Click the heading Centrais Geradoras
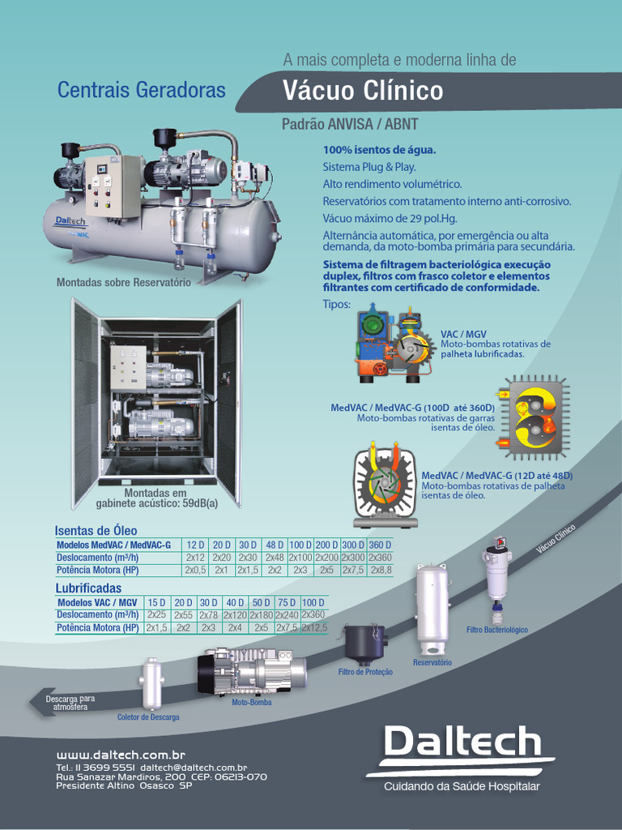click(x=141, y=90)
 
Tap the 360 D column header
click(x=380, y=545)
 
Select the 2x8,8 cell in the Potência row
click(x=381, y=571)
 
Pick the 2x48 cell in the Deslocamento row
click(x=275, y=558)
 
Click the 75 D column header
click(x=286, y=602)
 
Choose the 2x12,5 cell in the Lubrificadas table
click(x=314, y=627)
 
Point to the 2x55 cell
click(x=183, y=615)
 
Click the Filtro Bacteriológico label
click(x=496, y=630)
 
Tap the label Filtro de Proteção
click(x=365, y=672)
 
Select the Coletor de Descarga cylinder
click(x=151, y=683)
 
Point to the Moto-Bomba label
click(x=252, y=703)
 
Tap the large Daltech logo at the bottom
click(x=462, y=744)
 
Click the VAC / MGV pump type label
click(x=463, y=334)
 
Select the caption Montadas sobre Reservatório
click(x=123, y=283)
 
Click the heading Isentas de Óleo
click(x=96, y=531)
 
